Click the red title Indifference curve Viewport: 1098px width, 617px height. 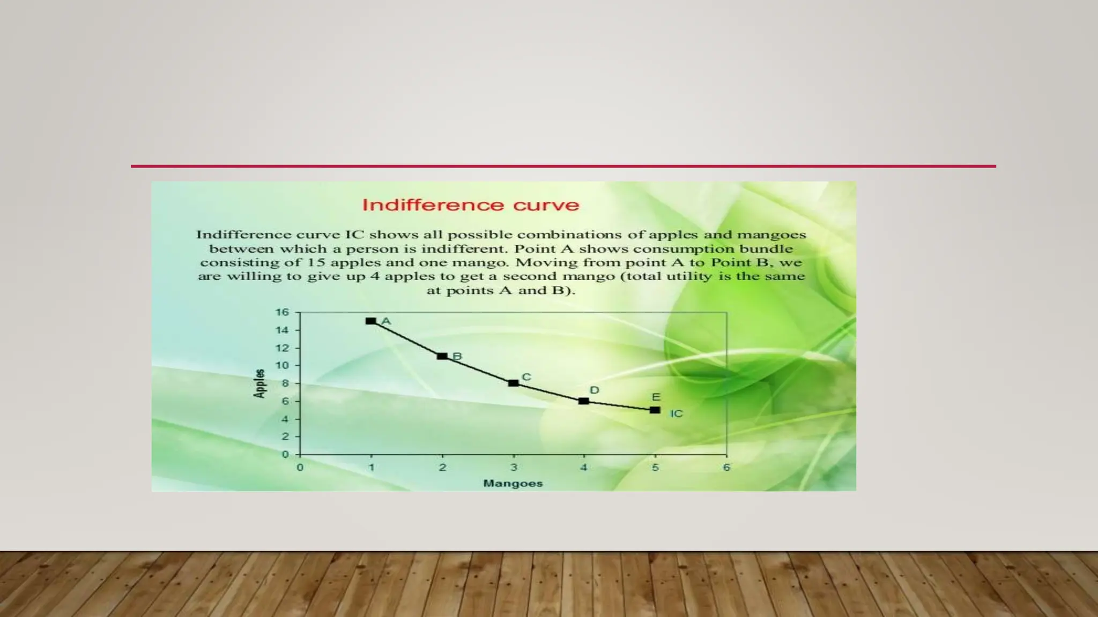point(471,205)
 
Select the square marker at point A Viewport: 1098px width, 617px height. point(370,321)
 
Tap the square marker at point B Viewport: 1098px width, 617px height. point(442,356)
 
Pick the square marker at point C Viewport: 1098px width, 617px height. point(513,383)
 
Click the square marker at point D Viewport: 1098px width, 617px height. point(584,401)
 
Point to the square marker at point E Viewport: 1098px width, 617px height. point(655,410)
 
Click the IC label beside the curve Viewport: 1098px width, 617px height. point(676,413)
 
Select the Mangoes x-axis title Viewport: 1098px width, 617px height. point(513,483)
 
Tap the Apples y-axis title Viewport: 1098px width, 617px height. point(259,383)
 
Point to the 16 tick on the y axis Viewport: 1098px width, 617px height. point(282,312)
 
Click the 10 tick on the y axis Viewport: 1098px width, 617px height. point(282,365)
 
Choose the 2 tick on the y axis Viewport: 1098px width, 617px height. point(285,437)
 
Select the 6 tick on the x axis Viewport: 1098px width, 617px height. point(726,468)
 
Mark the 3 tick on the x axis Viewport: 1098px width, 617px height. point(514,468)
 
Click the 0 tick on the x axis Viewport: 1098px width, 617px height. point(300,468)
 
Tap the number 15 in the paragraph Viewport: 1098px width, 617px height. point(316,262)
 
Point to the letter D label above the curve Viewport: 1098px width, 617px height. point(594,390)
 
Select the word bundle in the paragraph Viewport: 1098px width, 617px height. point(766,249)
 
